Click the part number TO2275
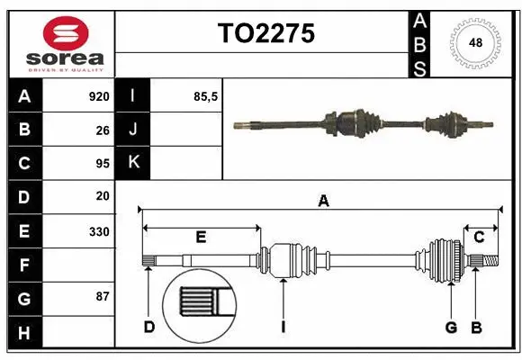click(x=265, y=33)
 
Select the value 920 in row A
click(x=98, y=96)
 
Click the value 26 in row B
click(x=102, y=130)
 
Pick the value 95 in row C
click(x=102, y=164)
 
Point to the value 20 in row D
click(x=102, y=196)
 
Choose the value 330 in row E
click(x=98, y=231)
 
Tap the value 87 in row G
click(x=102, y=296)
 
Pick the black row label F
click(x=24, y=265)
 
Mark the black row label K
click(x=133, y=163)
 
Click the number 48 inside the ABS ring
click(x=474, y=42)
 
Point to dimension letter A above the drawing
click(x=323, y=202)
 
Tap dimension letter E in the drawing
click(x=201, y=238)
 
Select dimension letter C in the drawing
click(x=479, y=237)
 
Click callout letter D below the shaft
click(x=149, y=327)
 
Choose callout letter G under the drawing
click(x=451, y=327)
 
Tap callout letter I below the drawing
click(x=283, y=327)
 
